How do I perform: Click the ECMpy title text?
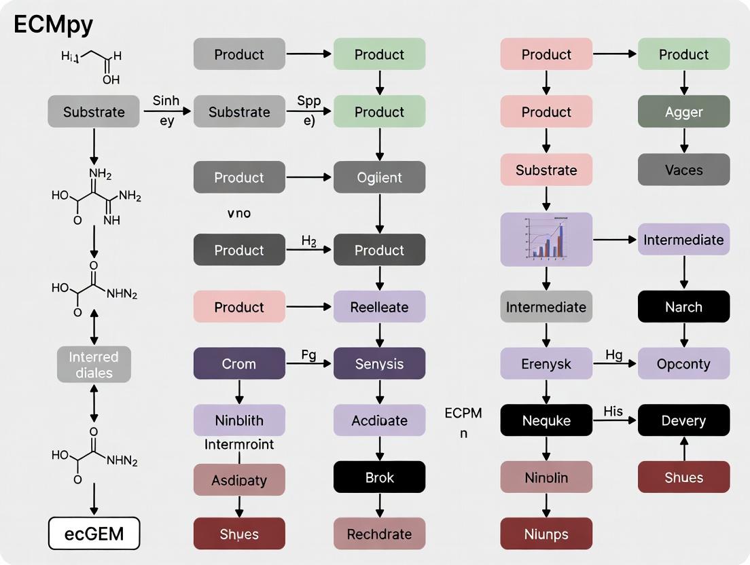tap(54, 24)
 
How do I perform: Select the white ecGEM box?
tap(94, 533)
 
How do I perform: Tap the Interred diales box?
tap(94, 365)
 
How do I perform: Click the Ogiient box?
tap(379, 177)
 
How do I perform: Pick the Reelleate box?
tap(379, 307)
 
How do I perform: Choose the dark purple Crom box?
tap(239, 363)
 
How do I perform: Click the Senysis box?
tap(379, 363)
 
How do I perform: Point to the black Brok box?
tap(379, 477)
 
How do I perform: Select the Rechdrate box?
tap(379, 534)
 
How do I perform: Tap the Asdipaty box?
tap(239, 480)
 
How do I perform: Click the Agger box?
tap(683, 111)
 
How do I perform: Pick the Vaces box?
tap(683, 170)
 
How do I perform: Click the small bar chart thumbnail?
tap(546, 239)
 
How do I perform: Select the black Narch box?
tap(683, 307)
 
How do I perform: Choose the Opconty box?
tap(683, 363)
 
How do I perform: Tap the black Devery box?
tap(683, 420)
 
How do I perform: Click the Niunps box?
tap(546, 534)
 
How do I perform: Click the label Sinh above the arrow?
tap(166, 101)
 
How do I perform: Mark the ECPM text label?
tap(463, 413)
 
